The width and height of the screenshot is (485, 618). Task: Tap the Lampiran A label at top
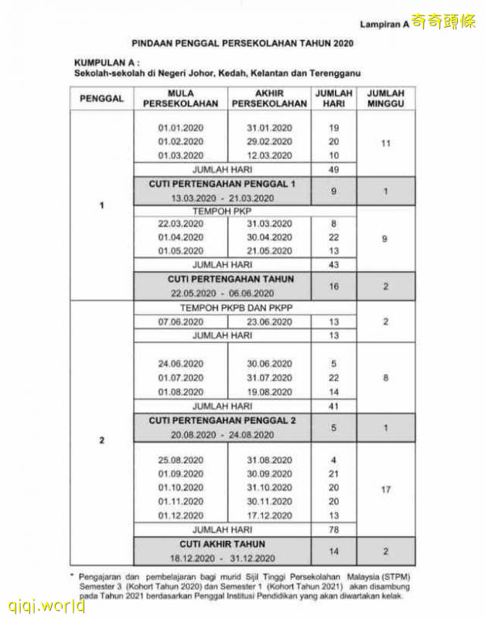coord(384,25)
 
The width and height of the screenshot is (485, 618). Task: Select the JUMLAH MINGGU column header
coord(386,98)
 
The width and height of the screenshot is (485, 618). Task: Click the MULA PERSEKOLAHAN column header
coord(180,98)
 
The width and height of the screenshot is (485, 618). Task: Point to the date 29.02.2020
coord(269,141)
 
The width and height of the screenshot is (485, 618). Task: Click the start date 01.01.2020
coord(180,127)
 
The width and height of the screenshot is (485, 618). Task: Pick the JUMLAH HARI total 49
coord(333,169)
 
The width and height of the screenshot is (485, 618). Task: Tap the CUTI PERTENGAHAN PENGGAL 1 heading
coord(222,184)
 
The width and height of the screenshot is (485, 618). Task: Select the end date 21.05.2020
coord(269,251)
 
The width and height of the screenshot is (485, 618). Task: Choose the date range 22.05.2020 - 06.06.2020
coord(222,293)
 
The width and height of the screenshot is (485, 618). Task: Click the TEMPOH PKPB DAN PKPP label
coord(222,307)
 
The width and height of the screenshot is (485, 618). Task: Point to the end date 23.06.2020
coord(269,321)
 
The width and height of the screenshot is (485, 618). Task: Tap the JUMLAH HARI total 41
coord(333,406)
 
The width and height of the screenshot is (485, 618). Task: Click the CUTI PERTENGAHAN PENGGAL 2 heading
coord(222,421)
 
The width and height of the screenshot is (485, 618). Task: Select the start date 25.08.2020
coord(180,460)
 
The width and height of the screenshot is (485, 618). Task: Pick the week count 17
coord(386,489)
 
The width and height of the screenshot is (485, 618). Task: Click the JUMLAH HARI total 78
coord(333,530)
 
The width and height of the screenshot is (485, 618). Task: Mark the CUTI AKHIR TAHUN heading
coord(222,545)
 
